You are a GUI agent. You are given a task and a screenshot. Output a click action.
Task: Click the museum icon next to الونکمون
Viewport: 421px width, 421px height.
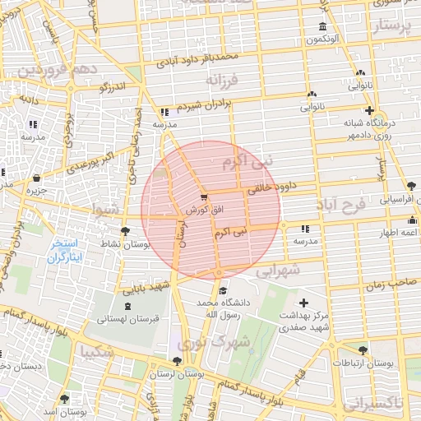click(x=322, y=27)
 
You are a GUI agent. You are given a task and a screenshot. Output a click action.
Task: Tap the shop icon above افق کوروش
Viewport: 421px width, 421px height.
click(x=204, y=197)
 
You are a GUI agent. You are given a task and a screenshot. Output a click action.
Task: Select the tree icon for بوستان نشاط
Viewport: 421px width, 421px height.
click(x=124, y=231)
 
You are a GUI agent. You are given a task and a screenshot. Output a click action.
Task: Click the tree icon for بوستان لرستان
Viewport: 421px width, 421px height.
click(x=178, y=361)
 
